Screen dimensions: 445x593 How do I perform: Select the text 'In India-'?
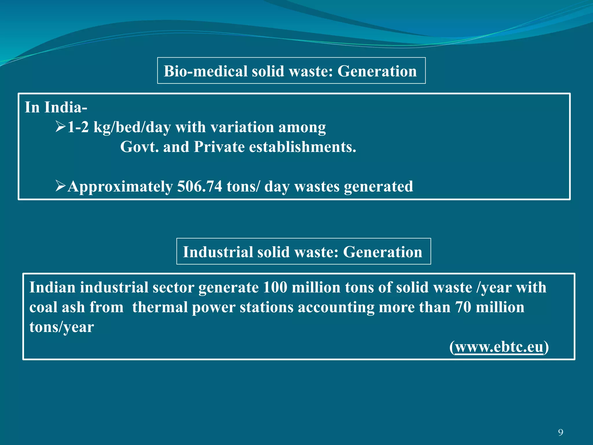tap(56, 107)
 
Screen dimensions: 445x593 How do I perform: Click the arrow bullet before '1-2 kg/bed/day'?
tap(61, 127)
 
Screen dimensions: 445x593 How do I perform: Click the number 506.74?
tap(200, 186)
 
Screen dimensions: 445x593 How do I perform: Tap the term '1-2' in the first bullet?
tap(78, 127)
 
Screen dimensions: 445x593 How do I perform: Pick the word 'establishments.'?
tap(303, 147)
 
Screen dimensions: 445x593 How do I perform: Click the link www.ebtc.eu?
tap(499, 347)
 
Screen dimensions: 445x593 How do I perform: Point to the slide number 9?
tap(561, 433)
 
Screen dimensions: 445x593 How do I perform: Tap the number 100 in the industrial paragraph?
tap(275, 287)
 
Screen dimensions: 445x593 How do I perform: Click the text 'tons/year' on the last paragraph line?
tap(61, 327)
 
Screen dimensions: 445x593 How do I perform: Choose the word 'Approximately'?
tap(120, 186)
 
